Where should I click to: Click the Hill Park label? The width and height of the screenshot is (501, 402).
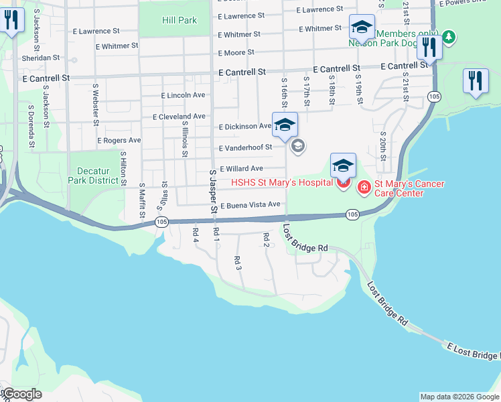(x=180, y=20)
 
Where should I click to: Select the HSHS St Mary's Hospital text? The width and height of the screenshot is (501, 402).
(x=282, y=183)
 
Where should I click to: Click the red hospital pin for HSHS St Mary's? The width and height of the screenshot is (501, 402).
(x=343, y=182)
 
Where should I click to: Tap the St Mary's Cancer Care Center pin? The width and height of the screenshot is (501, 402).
(x=364, y=188)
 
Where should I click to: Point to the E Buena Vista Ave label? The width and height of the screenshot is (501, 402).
(x=250, y=204)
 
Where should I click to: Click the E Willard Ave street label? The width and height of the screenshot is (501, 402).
(x=241, y=169)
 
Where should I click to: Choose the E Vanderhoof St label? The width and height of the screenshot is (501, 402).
(x=245, y=147)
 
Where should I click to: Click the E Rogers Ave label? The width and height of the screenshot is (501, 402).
(x=119, y=141)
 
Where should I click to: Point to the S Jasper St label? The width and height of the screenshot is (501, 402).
(x=214, y=191)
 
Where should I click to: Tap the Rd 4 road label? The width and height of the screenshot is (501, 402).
(x=196, y=234)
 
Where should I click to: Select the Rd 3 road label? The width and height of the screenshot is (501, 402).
(x=237, y=263)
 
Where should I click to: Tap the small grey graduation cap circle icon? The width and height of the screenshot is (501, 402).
(x=298, y=145)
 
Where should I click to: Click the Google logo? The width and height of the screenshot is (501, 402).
(x=23, y=393)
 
